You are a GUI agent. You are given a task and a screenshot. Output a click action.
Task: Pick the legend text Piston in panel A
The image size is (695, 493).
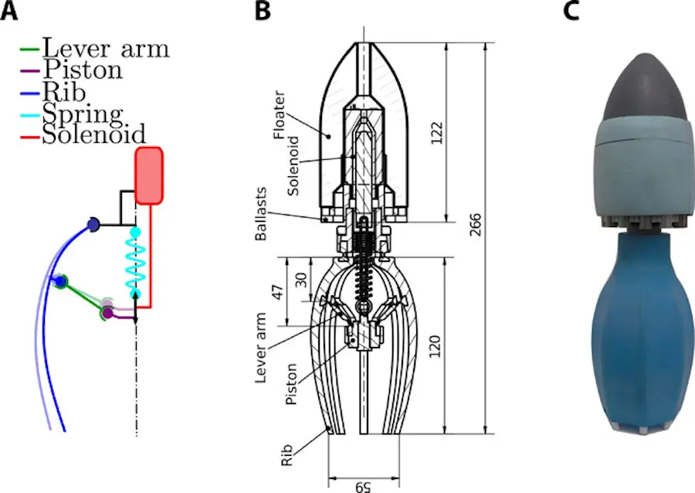point(82,70)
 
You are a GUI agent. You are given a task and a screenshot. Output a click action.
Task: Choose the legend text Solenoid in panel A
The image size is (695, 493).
point(94,134)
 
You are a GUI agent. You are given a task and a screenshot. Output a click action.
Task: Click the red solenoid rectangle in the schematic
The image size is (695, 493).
point(148,175)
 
